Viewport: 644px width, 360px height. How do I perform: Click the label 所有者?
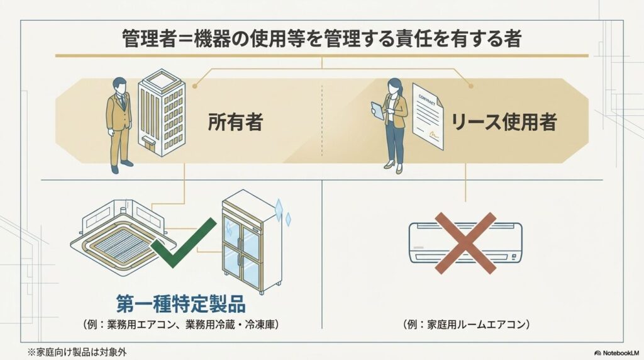[x=235, y=122]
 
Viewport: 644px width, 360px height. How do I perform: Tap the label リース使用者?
[x=504, y=122]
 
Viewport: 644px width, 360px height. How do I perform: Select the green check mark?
[x=183, y=242]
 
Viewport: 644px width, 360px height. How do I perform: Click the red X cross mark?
[x=465, y=243]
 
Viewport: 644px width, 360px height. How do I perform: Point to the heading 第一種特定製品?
[x=180, y=304]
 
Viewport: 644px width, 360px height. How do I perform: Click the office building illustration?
[x=162, y=113]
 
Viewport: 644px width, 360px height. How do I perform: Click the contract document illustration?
[x=428, y=116]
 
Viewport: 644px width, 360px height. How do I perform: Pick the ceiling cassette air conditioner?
[x=123, y=236]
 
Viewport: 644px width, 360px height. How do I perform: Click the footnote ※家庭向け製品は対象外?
[x=77, y=352]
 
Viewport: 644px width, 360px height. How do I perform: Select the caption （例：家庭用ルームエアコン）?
[x=466, y=325]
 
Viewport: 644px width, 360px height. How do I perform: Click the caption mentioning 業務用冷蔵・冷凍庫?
[x=180, y=325]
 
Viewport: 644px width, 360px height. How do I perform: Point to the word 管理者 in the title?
[x=149, y=39]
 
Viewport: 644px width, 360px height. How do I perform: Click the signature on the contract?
[x=435, y=134]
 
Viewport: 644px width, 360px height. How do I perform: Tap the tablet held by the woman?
[x=377, y=110]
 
